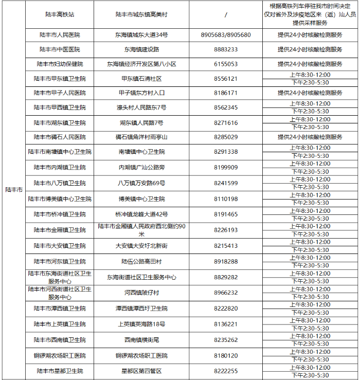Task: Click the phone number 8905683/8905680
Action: tap(226, 35)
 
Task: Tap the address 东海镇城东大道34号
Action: tap(140, 35)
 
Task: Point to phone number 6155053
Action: tap(226, 64)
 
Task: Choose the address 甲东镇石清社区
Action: tap(140, 79)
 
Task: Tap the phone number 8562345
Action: tap(226, 107)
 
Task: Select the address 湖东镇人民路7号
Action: tap(140, 123)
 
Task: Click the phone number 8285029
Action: tap(226, 137)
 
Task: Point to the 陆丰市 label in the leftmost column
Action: tap(14, 190)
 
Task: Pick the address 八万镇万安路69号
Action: tap(140, 183)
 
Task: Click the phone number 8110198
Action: tap(226, 198)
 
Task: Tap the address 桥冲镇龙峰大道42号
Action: tap(140, 214)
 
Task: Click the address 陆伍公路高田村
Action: tap(140, 261)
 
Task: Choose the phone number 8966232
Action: tap(226, 293)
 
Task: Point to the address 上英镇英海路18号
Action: tap(140, 324)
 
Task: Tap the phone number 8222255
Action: tap(226, 371)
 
